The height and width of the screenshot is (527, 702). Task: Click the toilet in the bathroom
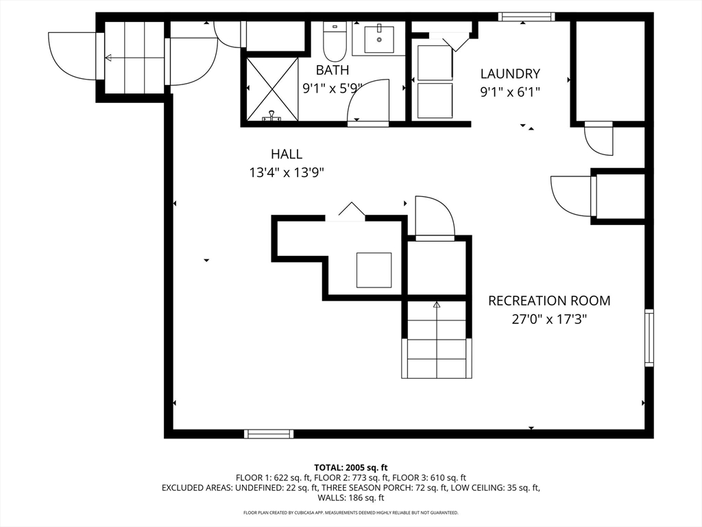[x=335, y=42]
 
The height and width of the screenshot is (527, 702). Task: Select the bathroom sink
[x=379, y=39]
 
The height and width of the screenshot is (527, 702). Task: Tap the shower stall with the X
[x=272, y=89]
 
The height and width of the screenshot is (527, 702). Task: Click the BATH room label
[x=332, y=70]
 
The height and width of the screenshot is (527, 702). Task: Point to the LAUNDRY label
[x=510, y=74]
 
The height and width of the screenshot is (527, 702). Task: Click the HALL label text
[x=286, y=154]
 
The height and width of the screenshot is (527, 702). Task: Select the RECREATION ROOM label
[x=548, y=301]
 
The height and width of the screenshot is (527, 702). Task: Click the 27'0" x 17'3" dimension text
[x=548, y=319]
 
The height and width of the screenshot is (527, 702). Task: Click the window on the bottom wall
[x=269, y=434]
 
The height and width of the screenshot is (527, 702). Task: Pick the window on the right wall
[x=649, y=337]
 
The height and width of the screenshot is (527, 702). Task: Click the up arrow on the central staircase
[x=437, y=306]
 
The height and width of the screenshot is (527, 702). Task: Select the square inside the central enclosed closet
[x=374, y=270]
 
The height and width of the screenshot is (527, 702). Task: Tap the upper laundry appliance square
[x=435, y=62]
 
